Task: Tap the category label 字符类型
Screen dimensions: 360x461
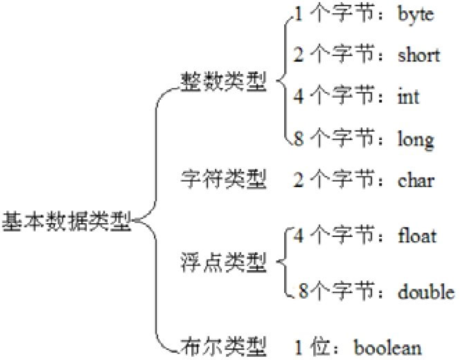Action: (224, 180)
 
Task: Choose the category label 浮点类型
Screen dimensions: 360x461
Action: (224, 264)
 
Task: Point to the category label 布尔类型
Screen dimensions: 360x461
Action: (224, 345)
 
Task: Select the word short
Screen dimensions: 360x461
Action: (419, 56)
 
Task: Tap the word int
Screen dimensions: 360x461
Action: (408, 97)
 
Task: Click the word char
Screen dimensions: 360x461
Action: (416, 180)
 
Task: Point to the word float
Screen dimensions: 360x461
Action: (417, 236)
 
